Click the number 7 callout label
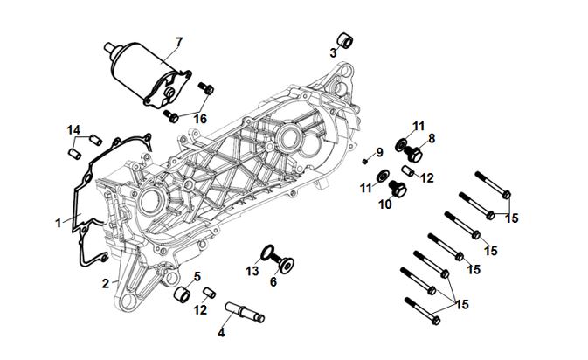point(179,42)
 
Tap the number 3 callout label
point(333,53)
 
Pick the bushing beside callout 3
point(346,41)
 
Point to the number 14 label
point(74,130)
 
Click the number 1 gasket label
point(59,223)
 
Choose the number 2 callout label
point(105,284)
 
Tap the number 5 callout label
point(197,276)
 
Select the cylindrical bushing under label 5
point(183,294)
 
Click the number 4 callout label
point(221,333)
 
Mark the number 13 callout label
point(252,272)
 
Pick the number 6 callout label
point(273,281)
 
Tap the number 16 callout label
point(200,119)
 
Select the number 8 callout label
point(431,137)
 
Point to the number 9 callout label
point(380,153)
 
